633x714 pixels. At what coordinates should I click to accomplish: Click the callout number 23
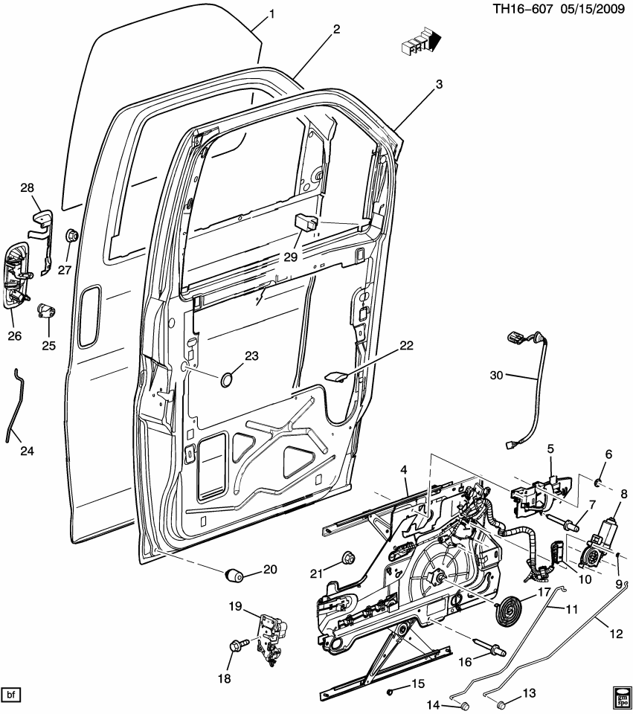click(251, 356)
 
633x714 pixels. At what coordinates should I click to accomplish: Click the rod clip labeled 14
click(463, 704)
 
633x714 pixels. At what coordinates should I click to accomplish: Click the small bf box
click(11, 695)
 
